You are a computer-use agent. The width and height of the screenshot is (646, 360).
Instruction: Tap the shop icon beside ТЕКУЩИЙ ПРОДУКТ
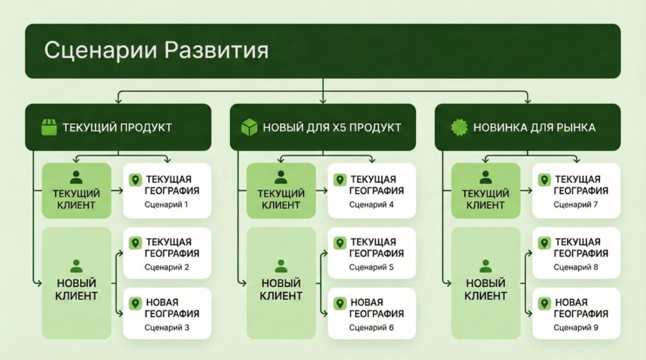48,127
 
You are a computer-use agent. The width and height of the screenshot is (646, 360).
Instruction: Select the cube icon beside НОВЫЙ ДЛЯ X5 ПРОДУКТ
250,127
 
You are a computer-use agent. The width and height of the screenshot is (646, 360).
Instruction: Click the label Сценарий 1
167,204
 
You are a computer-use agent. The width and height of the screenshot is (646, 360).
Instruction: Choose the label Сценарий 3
167,327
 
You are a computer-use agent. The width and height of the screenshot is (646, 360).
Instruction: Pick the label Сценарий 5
371,267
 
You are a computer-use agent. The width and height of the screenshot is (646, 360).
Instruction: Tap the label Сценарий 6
371,327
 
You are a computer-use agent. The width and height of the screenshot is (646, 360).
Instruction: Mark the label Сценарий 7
575,204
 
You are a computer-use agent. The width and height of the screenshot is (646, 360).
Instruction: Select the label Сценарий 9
575,327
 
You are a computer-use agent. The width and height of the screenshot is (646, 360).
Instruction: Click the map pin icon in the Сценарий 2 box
134,243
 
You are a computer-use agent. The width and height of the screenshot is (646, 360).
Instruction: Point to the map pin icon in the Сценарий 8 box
544,243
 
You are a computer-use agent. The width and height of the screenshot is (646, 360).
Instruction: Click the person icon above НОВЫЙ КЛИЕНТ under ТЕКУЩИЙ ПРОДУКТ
76,265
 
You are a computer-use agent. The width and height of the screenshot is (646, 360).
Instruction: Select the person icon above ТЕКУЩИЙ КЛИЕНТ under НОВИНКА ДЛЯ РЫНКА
486,177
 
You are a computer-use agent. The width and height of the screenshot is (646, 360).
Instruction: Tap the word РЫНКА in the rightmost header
575,127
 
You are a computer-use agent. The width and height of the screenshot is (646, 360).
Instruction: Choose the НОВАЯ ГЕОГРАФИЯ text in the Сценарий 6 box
377,308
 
